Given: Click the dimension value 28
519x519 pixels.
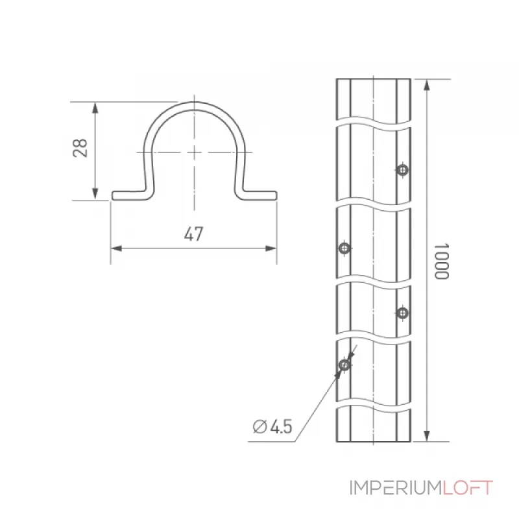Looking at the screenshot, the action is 80,148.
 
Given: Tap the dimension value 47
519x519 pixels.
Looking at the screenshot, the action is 193,234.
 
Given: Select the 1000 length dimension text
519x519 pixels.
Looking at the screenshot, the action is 442,261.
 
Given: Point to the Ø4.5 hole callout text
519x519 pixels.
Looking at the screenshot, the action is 272,426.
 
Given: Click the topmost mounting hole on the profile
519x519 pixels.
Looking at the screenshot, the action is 402,170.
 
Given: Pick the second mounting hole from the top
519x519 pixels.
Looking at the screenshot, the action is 344,248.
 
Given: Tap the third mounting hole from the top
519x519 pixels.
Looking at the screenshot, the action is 402,313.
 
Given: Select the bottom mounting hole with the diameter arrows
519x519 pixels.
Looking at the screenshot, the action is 344,365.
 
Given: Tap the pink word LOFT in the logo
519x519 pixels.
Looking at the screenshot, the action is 468,488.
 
